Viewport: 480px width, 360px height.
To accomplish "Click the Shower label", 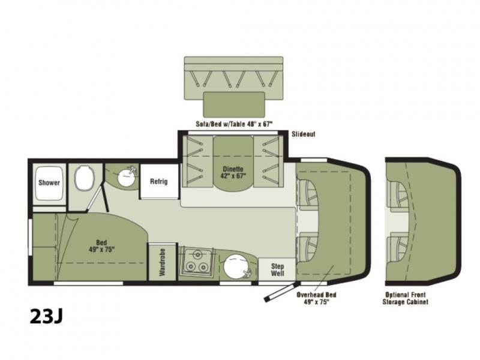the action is (x=49, y=183).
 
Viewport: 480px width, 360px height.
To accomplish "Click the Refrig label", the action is (x=159, y=182).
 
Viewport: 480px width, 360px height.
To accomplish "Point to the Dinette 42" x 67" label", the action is (x=233, y=172).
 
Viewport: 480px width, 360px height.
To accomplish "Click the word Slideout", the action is (x=304, y=134).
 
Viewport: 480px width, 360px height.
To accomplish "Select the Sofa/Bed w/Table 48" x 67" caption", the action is (x=234, y=124).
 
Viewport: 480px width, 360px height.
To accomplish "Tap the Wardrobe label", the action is (x=162, y=262).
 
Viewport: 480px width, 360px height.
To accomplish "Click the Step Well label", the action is (x=277, y=269).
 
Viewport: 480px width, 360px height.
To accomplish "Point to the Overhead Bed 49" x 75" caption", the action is (x=317, y=298).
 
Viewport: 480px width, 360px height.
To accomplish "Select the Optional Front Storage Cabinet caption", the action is (x=406, y=298).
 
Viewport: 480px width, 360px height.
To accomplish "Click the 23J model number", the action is (x=46, y=316).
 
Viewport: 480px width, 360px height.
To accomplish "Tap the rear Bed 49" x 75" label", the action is (x=101, y=246).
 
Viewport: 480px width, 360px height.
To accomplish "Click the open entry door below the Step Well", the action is (x=280, y=292).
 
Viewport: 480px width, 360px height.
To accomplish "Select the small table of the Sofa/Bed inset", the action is (x=234, y=104).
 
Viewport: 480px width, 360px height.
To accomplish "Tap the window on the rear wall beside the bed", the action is (x=30, y=237).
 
